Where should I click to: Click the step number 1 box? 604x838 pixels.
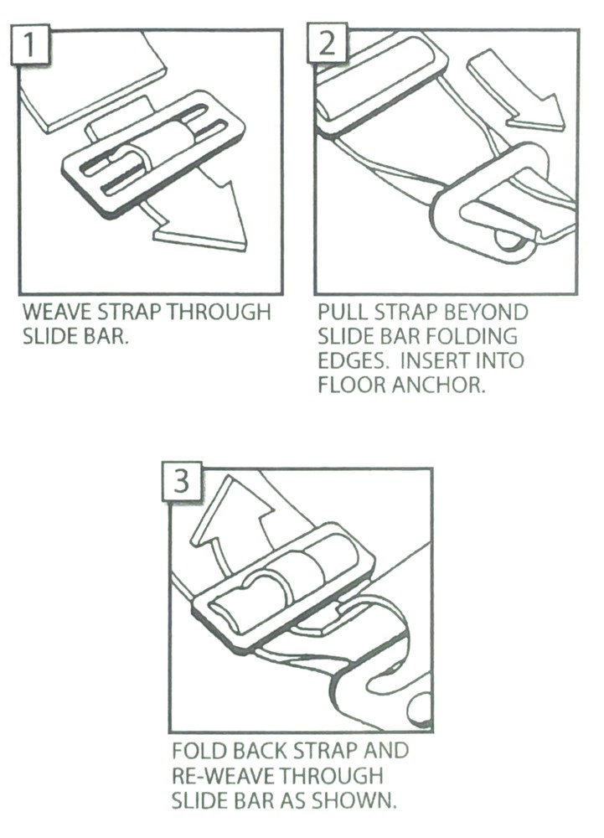point(29,44)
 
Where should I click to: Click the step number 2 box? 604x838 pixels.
point(326,43)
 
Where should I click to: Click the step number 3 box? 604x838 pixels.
point(182,482)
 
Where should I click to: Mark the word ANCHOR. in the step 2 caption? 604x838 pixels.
point(439,385)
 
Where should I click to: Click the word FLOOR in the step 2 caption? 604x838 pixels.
point(353,385)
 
